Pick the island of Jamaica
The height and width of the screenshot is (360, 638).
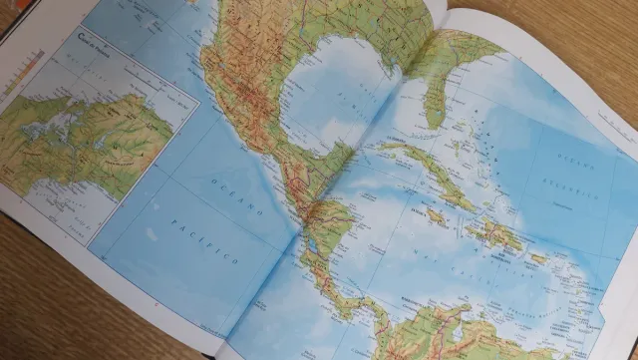point(435,212)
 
